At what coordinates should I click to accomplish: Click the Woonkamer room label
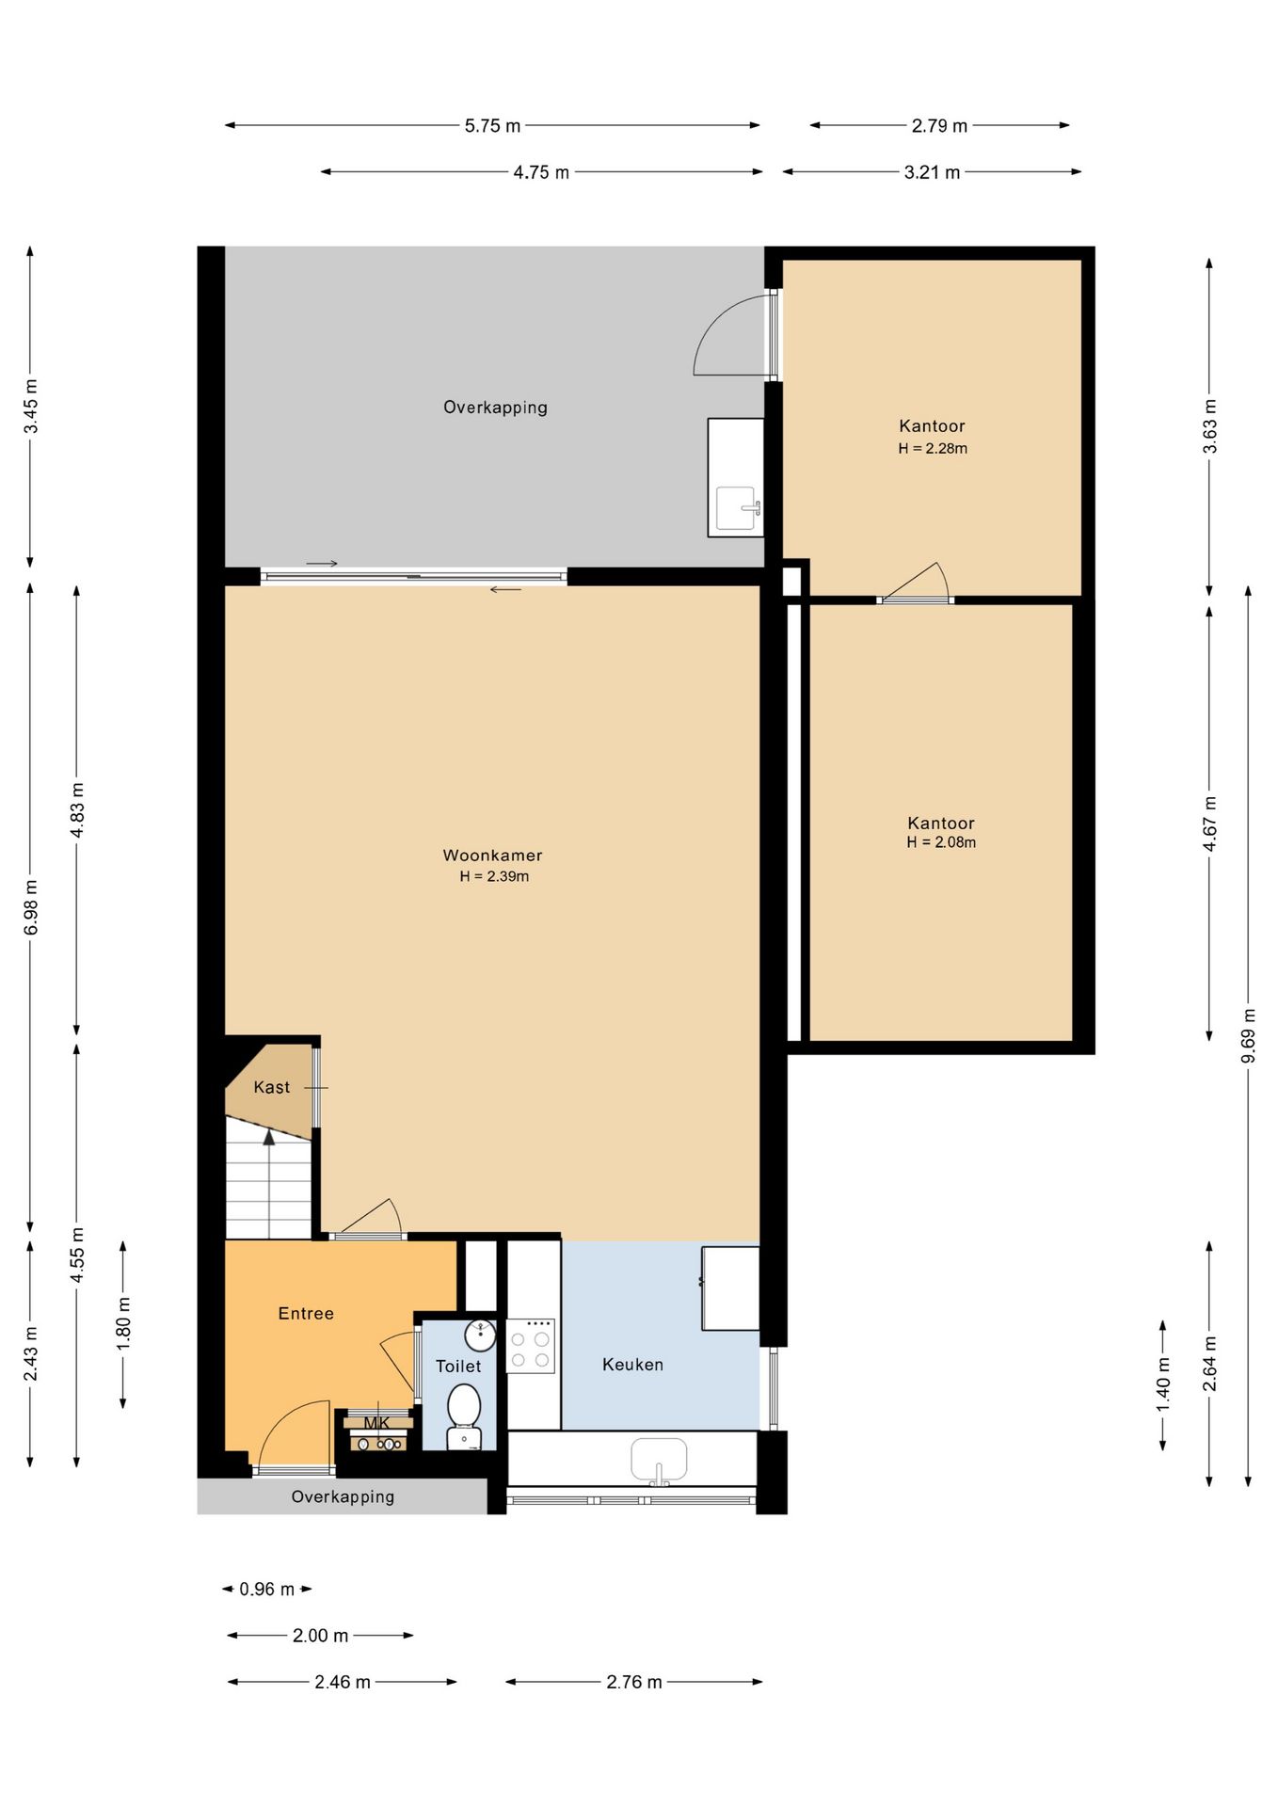(x=492, y=856)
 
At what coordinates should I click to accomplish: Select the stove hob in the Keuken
(x=530, y=1346)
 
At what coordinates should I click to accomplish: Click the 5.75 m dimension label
(x=492, y=125)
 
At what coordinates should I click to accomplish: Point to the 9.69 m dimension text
(x=1248, y=1035)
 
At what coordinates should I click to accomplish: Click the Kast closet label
(x=272, y=1087)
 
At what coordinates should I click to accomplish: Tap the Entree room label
(x=306, y=1313)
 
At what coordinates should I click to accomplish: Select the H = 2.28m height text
(x=933, y=448)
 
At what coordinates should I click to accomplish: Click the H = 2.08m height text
(x=941, y=842)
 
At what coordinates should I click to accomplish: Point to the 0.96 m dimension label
(x=267, y=1589)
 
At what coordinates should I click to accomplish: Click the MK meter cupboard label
(x=376, y=1423)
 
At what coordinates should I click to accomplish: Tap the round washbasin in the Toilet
(x=480, y=1334)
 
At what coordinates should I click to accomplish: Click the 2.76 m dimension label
(x=634, y=1682)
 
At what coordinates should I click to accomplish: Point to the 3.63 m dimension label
(x=1209, y=426)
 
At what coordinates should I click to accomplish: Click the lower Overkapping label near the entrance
(x=343, y=1496)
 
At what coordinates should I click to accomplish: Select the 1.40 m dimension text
(x=1163, y=1383)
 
